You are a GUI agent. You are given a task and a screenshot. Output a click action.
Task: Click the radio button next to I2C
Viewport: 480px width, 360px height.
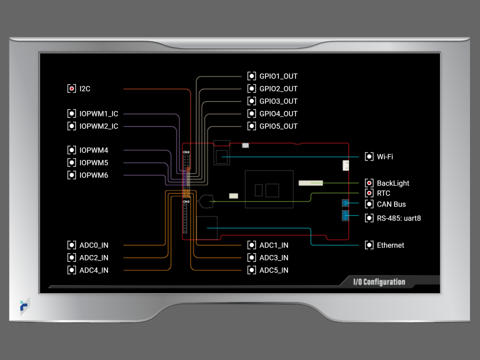tap(71, 88)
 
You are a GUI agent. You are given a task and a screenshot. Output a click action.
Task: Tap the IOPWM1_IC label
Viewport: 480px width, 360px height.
tap(98, 113)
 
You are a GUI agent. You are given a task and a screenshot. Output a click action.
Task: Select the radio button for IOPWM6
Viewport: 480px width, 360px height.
tap(71, 175)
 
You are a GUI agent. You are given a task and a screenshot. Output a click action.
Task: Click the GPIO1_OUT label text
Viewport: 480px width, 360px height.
tap(278, 76)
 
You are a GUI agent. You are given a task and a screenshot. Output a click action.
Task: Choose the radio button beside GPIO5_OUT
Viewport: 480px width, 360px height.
tap(251, 126)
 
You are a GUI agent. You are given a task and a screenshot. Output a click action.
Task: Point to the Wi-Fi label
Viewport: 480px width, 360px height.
tap(384, 156)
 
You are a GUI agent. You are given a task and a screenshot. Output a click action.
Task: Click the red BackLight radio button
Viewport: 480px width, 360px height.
tap(369, 183)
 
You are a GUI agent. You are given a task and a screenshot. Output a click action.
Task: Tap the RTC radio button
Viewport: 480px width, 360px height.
tap(369, 193)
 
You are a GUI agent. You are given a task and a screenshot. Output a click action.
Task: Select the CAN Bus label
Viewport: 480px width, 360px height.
tap(391, 204)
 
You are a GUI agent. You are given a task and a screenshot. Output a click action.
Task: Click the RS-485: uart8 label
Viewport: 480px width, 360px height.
tap(398, 218)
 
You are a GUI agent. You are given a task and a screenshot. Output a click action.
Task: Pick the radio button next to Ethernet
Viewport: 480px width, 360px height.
tap(369, 245)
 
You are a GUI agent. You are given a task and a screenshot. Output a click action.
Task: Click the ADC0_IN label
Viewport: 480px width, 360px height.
tap(93, 245)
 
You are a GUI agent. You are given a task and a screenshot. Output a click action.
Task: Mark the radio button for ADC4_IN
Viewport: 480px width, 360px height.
tap(71, 270)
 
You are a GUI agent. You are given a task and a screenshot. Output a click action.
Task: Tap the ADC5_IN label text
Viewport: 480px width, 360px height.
tap(273, 270)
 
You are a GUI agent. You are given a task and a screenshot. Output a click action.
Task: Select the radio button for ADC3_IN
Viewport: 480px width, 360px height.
tap(251, 257)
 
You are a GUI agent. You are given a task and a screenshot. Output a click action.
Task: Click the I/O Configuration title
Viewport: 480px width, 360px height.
tap(379, 282)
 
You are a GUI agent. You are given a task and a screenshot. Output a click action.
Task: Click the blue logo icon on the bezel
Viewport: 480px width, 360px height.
tap(24, 306)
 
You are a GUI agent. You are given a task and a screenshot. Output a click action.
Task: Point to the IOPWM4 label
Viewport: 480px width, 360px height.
tap(93, 150)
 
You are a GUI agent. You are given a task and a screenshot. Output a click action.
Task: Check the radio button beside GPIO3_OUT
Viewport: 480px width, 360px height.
tap(251, 101)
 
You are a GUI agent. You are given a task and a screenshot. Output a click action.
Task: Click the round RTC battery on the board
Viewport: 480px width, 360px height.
tap(205, 201)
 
